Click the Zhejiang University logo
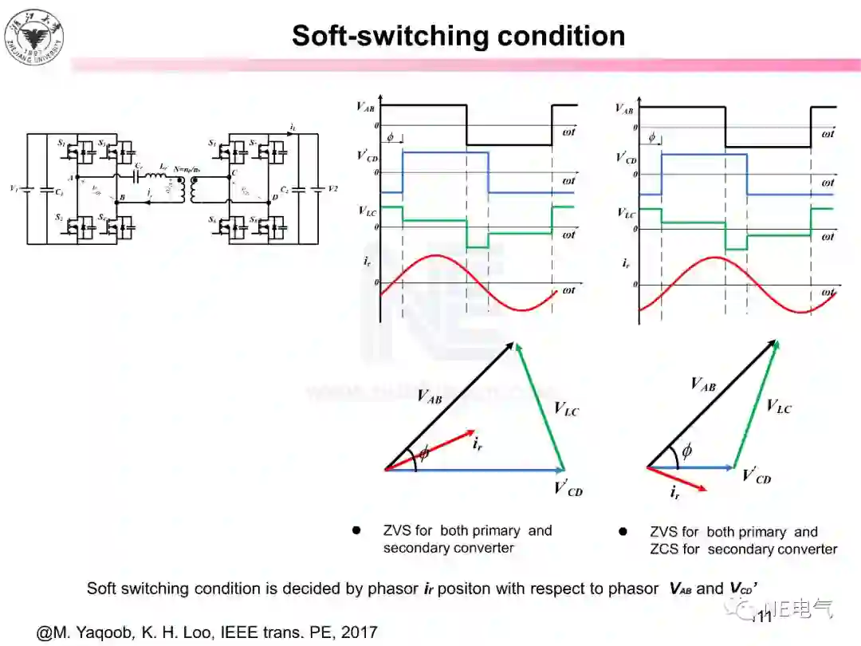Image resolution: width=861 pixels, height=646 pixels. [34, 36]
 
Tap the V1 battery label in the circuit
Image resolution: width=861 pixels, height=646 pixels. [12, 188]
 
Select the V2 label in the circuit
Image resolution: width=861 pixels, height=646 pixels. [332, 189]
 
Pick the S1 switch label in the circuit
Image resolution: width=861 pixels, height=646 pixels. [61, 143]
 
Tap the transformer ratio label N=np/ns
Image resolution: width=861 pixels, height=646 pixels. [187, 169]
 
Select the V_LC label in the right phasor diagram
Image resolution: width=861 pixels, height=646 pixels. [778, 407]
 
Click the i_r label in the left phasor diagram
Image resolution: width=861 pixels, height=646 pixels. [477, 445]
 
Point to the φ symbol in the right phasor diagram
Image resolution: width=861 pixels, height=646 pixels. [686, 451]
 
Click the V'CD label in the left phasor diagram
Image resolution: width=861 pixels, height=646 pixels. [568, 488]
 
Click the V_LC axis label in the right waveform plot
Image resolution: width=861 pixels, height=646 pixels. [627, 213]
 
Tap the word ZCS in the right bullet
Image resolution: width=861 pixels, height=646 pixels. [663, 549]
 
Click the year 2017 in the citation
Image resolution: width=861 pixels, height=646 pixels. [360, 632]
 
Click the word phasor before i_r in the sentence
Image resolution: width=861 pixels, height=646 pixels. [391, 589]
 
